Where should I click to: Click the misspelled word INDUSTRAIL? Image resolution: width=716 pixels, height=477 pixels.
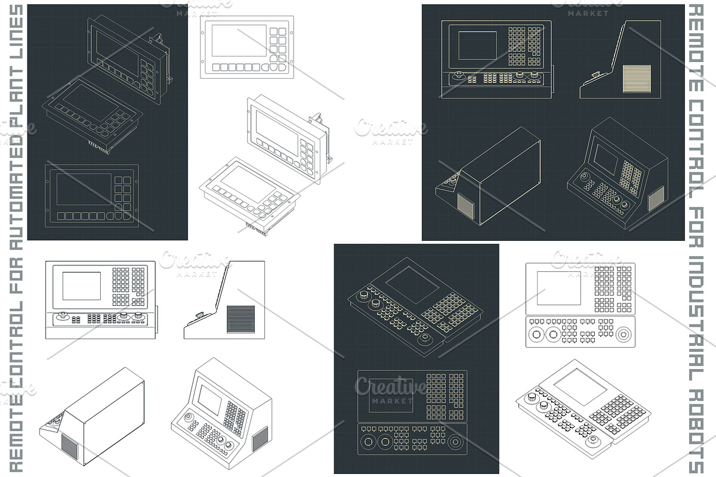696,320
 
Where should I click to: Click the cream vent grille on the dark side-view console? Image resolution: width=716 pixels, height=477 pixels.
637,79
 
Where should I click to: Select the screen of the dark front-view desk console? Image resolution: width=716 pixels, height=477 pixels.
477,45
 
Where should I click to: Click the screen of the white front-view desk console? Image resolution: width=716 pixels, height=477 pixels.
82,286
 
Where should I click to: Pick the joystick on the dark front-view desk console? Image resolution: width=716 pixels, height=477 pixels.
459,76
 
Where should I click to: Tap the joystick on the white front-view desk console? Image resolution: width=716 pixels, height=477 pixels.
63,316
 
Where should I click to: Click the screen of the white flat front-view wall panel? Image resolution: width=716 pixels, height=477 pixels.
239,41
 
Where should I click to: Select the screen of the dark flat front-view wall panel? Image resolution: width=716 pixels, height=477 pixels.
84,190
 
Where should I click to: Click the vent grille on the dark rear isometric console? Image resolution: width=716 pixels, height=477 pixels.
466,206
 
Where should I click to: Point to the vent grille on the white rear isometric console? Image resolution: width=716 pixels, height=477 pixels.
69,447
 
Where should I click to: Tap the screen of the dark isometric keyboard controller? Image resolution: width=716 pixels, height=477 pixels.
412,285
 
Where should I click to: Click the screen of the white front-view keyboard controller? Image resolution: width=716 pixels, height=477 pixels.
558,288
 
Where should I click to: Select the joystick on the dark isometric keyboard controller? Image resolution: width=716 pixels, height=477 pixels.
425,339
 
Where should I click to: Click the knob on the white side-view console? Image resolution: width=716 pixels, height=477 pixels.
200,315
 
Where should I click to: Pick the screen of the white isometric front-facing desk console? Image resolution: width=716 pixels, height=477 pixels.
209,399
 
